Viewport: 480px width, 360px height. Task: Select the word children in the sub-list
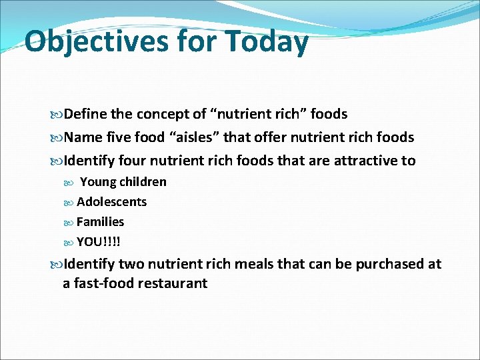(x=143, y=182)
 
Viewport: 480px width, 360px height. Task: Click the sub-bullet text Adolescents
(x=111, y=202)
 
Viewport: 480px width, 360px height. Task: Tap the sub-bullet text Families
(x=100, y=222)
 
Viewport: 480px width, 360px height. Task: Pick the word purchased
(x=389, y=265)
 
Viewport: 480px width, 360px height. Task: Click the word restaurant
(x=173, y=283)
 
